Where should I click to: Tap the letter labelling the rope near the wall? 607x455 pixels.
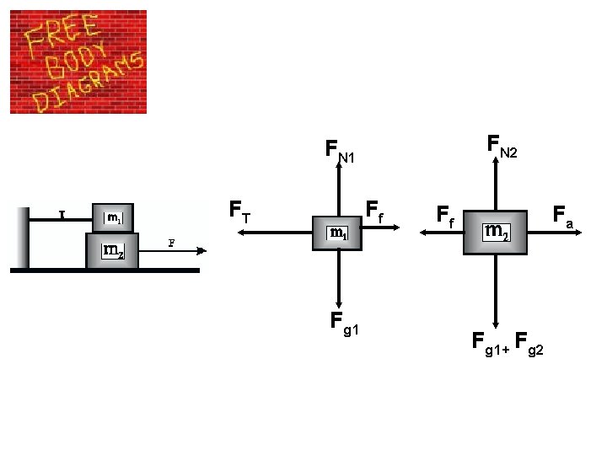[x=62, y=214]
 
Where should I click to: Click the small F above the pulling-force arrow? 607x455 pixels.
[x=171, y=243]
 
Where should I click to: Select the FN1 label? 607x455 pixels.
[x=340, y=153]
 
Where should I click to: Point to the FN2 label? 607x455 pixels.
[x=502, y=147]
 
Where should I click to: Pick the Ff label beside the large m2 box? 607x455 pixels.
[x=446, y=217]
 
